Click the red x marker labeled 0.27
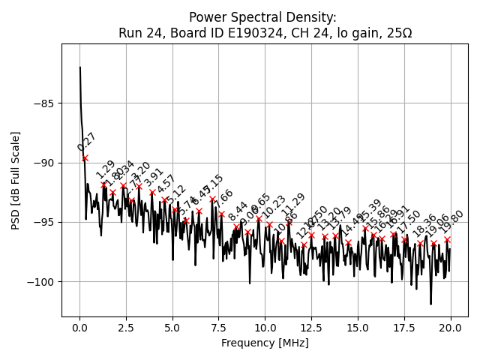coord(85,158)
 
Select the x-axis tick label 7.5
coord(172,328)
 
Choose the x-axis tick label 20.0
coord(450,328)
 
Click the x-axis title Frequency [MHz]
coord(265,343)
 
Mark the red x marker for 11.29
coord(289,222)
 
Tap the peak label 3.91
coord(154,178)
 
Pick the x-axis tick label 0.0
coord(79,328)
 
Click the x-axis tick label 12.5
coord(311,328)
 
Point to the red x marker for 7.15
coord(212,199)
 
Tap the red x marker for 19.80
coord(447,240)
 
